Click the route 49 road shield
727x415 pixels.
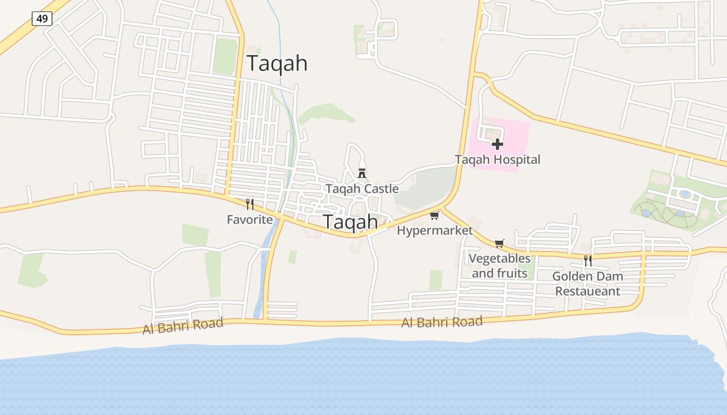coord(42,19)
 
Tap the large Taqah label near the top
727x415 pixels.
coord(277,63)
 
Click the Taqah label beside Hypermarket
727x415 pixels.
coord(351,222)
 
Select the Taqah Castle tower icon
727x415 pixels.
coord(362,173)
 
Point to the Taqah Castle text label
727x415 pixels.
coord(362,189)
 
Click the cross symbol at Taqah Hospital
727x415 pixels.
coord(497,144)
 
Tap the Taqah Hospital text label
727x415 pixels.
coord(497,160)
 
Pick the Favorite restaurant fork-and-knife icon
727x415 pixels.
coord(250,204)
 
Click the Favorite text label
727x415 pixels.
coord(250,219)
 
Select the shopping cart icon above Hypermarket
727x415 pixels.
coord(435,215)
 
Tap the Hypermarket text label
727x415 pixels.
coord(435,230)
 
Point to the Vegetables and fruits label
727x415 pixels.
coord(500,266)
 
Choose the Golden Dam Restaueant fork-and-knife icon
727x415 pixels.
coord(588,260)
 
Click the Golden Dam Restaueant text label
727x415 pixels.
coord(588,284)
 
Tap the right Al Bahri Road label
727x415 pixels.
coord(442,322)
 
